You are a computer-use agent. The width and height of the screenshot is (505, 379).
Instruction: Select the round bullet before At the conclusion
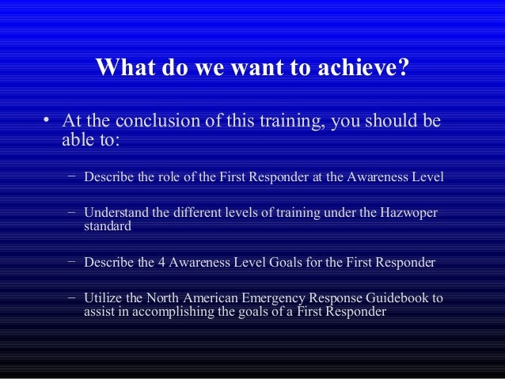click(47, 122)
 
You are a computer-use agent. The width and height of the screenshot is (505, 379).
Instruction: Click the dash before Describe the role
click(71, 175)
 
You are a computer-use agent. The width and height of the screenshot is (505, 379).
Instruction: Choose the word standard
click(108, 226)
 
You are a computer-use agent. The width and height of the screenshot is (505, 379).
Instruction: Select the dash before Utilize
click(71, 298)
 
